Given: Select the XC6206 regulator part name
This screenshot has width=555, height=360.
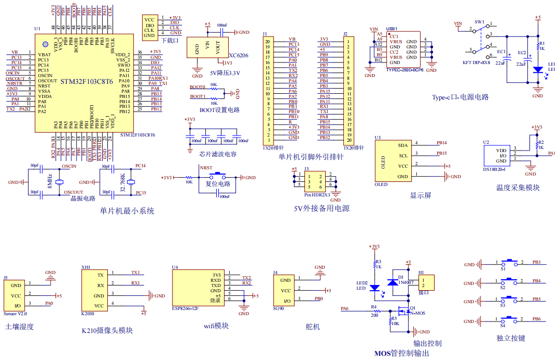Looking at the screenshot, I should (239, 55).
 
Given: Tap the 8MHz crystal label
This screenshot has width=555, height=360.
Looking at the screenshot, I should (49, 181).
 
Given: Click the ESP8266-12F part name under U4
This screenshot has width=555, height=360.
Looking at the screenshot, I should (185, 308).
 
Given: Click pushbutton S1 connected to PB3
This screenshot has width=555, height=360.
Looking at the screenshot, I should (511, 263).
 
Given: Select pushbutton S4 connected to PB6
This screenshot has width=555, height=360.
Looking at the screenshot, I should (511, 320).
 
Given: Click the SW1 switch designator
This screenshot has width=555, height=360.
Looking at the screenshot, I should (479, 23).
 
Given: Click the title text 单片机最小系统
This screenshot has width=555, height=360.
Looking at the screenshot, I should (127, 211).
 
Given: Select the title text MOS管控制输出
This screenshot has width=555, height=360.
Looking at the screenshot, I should (402, 353).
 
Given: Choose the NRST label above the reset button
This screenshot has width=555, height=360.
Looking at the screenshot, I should (206, 168).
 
